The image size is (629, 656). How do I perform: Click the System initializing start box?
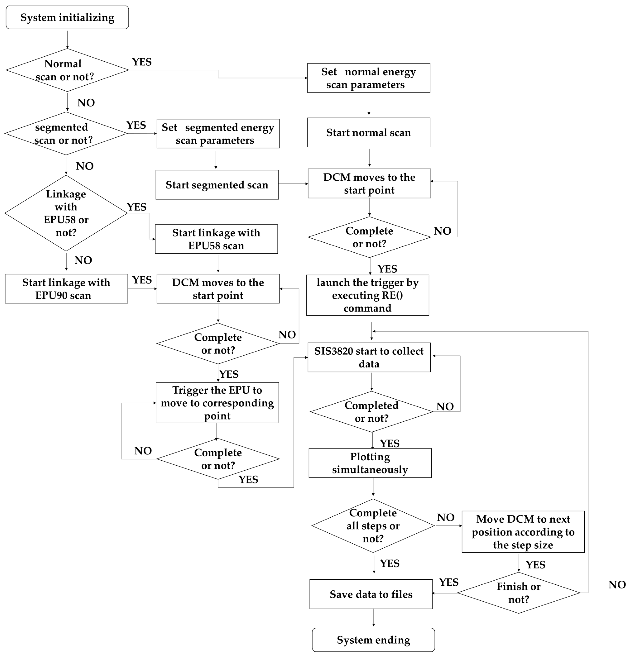pos(67,17)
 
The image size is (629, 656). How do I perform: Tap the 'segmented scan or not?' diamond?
pos(66,134)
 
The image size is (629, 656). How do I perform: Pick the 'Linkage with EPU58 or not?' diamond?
pos(66,213)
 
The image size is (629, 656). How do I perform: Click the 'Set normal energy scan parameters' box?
pos(368,78)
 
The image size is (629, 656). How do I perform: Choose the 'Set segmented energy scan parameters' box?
pos(218,134)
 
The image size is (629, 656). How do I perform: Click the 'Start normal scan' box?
pos(368,133)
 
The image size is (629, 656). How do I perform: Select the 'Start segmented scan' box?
pos(217,185)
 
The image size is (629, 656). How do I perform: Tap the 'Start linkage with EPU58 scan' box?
pos(216,239)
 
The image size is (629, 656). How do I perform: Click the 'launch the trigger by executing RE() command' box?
pos(368,295)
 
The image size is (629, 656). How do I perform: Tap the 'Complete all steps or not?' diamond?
pos(373,525)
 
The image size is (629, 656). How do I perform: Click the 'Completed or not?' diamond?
pos(371,412)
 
